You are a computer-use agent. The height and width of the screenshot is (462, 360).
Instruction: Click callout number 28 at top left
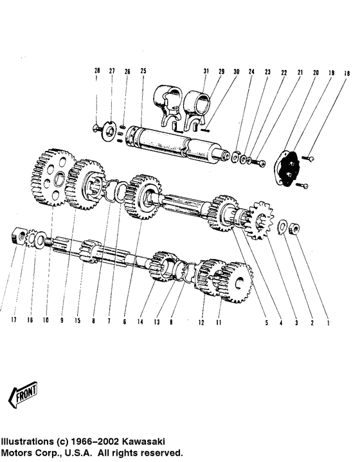click(97, 71)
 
